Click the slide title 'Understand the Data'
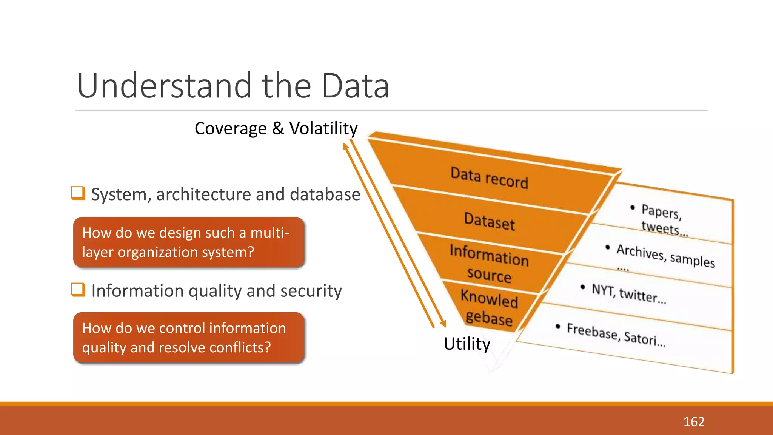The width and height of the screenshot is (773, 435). [x=233, y=86]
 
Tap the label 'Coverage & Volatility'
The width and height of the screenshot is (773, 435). [x=276, y=129]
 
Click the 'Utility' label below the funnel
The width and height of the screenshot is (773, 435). [x=467, y=344]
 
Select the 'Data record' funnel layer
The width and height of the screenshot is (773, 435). [x=489, y=177]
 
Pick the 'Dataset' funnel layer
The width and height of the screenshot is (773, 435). [x=489, y=221]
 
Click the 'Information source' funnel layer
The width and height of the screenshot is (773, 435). [x=489, y=263]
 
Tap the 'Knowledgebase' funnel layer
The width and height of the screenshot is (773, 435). [x=489, y=307]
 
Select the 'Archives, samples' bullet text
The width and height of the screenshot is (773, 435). [x=665, y=256]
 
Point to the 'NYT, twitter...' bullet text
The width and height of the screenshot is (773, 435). [x=628, y=293]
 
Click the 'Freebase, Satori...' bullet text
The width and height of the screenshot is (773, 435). [x=616, y=334]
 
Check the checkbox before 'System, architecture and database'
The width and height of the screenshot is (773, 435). [x=78, y=193]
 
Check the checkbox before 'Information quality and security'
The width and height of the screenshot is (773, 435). [x=78, y=290]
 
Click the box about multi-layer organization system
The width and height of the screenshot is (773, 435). [x=189, y=242]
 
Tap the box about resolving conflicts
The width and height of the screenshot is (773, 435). [x=189, y=338]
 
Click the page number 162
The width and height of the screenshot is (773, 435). [x=694, y=422]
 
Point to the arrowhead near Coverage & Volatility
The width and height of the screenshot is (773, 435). [x=345, y=146]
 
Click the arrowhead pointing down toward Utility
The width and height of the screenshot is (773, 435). [x=443, y=324]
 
